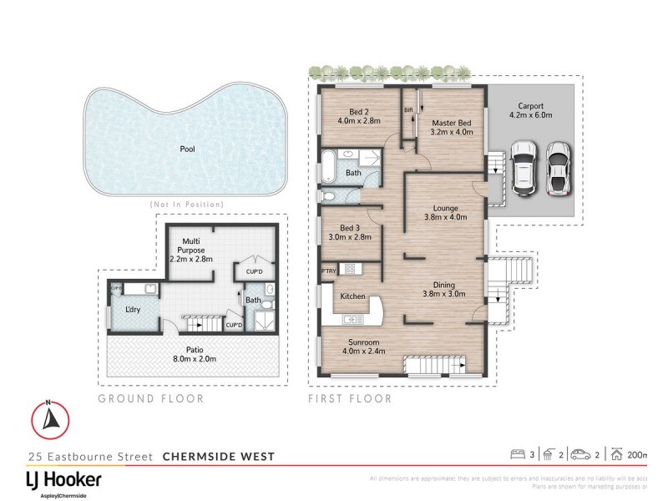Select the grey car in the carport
559,169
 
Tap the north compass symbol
50,417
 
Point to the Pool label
188,149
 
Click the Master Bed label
452,122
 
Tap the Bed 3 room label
352,227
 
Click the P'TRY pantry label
329,271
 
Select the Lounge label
446,208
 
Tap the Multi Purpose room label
192,245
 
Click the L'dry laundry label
133,310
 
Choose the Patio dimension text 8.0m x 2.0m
195,359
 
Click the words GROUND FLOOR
151,398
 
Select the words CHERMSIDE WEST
217,457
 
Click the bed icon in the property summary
517,454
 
